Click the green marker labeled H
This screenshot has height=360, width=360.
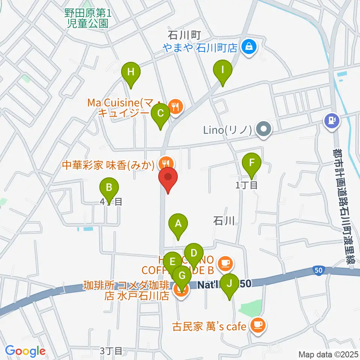tap(130, 72)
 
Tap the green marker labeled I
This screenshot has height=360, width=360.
tap(223, 70)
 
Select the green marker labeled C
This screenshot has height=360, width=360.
tap(160, 113)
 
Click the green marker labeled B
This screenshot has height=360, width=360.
tap(109, 187)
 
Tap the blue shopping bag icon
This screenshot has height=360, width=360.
tap(248, 47)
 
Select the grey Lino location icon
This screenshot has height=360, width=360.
tap(264, 130)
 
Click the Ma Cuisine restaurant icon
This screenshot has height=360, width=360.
tap(175, 106)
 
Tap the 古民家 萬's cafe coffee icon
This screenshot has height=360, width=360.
tap(258, 325)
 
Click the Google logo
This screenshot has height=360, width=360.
tap(25, 351)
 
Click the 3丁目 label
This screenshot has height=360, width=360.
tap(111, 351)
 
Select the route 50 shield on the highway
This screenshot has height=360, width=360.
tap(318, 270)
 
